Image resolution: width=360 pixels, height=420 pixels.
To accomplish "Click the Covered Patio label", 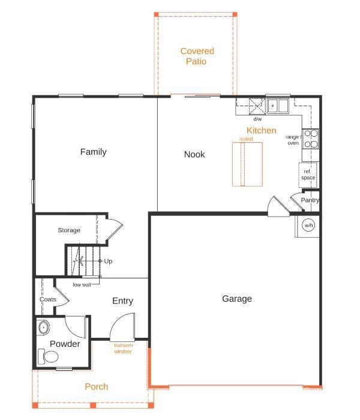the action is pyautogui.click(x=197, y=56).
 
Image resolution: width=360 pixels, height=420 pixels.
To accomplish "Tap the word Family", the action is pyautogui.click(x=93, y=152).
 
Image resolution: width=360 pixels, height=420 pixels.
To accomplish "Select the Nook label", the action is pyautogui.click(x=194, y=154).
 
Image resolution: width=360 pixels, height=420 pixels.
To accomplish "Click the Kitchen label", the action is pyautogui.click(x=261, y=130).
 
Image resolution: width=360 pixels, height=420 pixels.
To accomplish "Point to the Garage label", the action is pyautogui.click(x=237, y=299).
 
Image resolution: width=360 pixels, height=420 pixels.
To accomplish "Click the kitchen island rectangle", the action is pyautogui.click(x=247, y=164).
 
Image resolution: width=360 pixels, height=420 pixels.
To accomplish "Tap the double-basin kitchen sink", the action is pyautogui.click(x=278, y=106).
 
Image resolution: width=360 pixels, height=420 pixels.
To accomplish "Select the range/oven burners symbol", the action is pyautogui.click(x=311, y=139).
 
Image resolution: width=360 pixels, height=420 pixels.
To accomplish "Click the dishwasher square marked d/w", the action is pyautogui.click(x=257, y=106).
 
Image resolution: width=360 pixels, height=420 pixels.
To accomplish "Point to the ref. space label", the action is pyautogui.click(x=308, y=175).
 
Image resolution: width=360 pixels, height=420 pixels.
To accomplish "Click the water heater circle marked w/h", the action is pyautogui.click(x=308, y=225).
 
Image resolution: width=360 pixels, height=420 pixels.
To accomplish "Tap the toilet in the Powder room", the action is pyautogui.click(x=48, y=356).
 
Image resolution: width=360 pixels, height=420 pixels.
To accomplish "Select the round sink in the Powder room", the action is pyautogui.click(x=43, y=328).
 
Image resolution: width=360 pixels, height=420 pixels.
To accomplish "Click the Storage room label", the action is pyautogui.click(x=69, y=230).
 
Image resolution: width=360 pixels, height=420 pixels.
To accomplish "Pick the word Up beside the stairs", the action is pyautogui.click(x=108, y=261).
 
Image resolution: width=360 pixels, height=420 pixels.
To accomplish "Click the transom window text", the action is pyautogui.click(x=123, y=349).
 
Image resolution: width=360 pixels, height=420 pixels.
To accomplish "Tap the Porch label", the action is pyautogui.click(x=97, y=386).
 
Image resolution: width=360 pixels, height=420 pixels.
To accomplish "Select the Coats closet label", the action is pyautogui.click(x=47, y=299).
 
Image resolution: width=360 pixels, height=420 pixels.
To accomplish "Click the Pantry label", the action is pyautogui.click(x=310, y=200).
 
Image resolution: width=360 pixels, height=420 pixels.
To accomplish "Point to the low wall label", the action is pyautogui.click(x=82, y=285).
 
